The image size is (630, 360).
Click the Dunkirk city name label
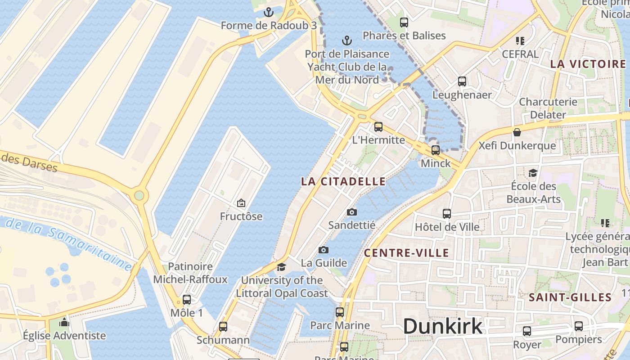click(442, 326)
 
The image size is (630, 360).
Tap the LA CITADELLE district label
click(343, 181)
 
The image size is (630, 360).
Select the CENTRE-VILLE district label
click(406, 253)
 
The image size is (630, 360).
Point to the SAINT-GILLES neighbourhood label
click(570, 297)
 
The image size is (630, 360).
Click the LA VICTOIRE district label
click(588, 64)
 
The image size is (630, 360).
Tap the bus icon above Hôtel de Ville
click(447, 214)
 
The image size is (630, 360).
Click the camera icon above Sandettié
click(352, 212)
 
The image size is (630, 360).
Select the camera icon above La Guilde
click(324, 250)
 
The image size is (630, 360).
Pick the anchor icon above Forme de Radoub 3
click(269, 12)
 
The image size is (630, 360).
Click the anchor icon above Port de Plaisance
click(346, 41)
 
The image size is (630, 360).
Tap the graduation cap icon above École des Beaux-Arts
click(533, 173)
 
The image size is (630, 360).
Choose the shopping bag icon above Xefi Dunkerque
click(517, 133)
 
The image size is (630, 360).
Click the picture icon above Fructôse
click(241, 203)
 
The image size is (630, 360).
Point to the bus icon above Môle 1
click(187, 300)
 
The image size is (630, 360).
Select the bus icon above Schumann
click(223, 327)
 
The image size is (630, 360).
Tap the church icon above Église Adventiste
click(64, 322)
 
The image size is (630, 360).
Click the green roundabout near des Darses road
click(139, 195)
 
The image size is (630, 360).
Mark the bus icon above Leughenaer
click(462, 81)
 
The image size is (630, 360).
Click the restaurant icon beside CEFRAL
click(520, 41)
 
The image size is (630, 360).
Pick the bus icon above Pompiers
click(579, 326)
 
